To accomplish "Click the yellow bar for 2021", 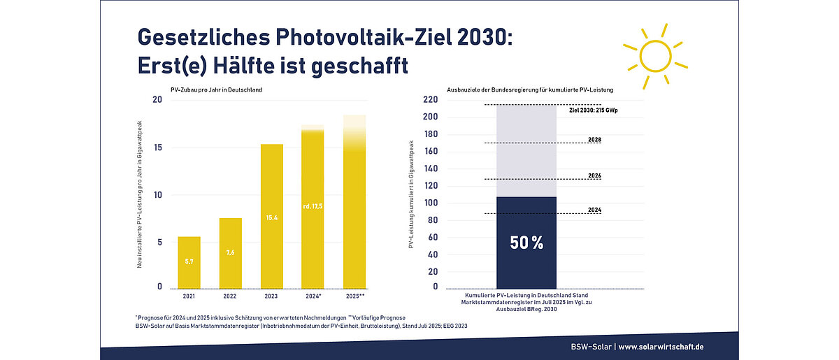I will [x=189, y=262].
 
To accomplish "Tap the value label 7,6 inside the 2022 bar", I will [x=231, y=252].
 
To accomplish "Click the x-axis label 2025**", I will [x=355, y=296].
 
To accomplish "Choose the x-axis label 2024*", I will [x=313, y=296].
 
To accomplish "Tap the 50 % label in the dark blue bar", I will [x=526, y=243].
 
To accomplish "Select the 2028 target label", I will [x=595, y=140].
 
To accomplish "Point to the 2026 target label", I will [x=595, y=175].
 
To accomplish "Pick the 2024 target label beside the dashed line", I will [x=595, y=210].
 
